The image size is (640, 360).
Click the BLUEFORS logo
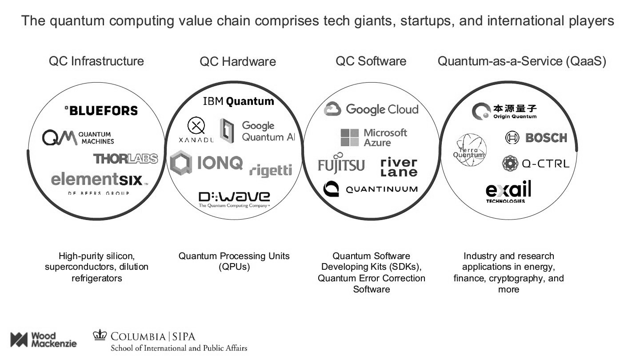click(x=101, y=110)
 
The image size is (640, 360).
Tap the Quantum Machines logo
click(x=78, y=138)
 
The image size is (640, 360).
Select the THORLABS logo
click(x=125, y=158)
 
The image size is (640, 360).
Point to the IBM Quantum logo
click(x=238, y=101)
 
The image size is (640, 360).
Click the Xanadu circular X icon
click(x=196, y=127)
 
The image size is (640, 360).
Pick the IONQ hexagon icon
click(x=181, y=162)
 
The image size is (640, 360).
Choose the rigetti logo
click(x=271, y=169)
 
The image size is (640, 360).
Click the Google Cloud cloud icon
click(x=332, y=109)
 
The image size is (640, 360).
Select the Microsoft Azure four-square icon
click(x=349, y=138)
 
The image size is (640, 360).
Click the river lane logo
click(x=399, y=167)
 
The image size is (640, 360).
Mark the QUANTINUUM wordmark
click(x=381, y=189)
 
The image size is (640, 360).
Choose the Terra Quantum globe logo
click(x=469, y=150)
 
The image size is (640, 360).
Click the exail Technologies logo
click(x=508, y=192)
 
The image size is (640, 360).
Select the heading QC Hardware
click(x=238, y=62)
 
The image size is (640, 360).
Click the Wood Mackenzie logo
click(x=43, y=340)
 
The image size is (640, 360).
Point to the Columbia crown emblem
click(x=100, y=335)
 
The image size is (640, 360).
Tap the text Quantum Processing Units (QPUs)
click(x=234, y=261)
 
